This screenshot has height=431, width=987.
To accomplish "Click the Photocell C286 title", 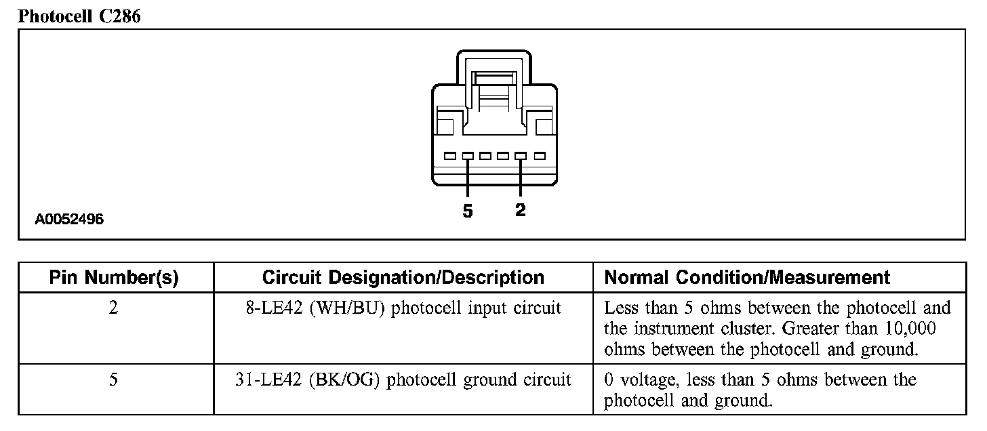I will click(79, 16).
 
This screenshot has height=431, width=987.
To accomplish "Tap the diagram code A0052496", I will click(70, 220).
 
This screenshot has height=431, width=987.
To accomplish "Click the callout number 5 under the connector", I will click(468, 211).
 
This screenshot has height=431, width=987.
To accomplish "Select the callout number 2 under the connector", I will click(520, 210).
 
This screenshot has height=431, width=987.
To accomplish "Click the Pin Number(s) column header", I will click(114, 277).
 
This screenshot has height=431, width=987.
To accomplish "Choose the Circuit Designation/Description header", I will click(403, 277).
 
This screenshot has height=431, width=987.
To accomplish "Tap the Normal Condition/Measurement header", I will click(746, 277).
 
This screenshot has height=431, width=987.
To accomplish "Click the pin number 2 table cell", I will click(114, 308).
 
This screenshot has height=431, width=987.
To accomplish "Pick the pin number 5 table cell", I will click(114, 379).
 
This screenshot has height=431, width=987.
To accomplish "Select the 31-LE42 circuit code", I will click(268, 379).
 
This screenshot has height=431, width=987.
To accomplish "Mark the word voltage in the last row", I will click(649, 379).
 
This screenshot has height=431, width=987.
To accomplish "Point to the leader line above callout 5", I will click(468, 179).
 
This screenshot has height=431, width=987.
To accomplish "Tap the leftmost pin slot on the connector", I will click(450, 156).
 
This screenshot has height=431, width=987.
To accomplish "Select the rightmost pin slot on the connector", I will click(540, 156).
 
